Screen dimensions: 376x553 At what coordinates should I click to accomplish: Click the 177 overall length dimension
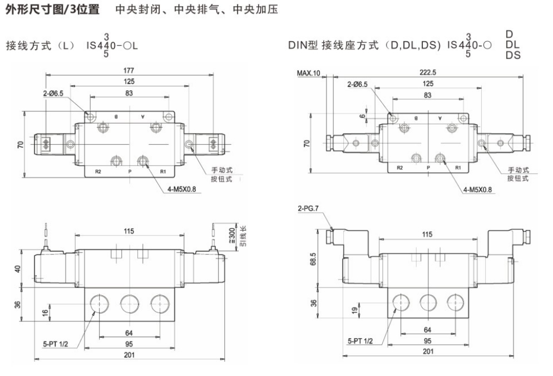point(129,70)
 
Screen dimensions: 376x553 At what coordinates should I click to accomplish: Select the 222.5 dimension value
point(428,72)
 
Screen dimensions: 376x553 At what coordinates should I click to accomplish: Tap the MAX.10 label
point(309,73)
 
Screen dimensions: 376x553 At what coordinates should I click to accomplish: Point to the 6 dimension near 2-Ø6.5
point(363,116)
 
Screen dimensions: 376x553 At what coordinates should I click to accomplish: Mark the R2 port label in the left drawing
point(97,171)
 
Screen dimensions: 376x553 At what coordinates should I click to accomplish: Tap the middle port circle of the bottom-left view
point(129,302)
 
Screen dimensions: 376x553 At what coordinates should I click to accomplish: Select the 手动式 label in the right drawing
point(518,170)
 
